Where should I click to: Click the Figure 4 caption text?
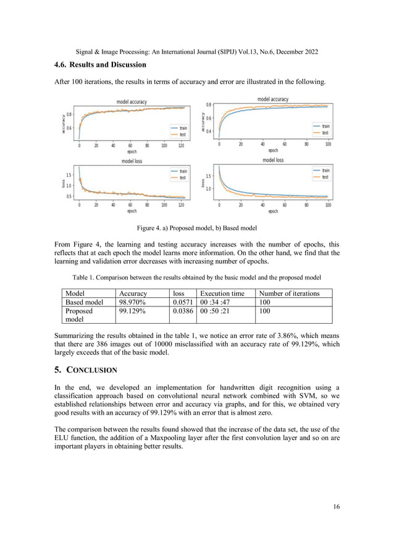coord(196,228)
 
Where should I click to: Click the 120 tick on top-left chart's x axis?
coord(181,146)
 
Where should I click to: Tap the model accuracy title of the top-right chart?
coord(272,99)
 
